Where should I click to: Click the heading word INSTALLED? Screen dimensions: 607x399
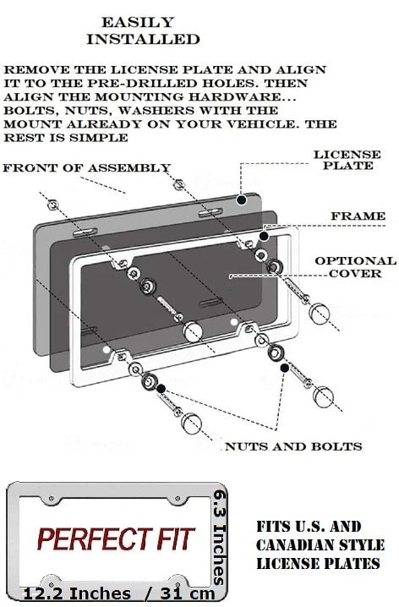pyautogui.click(x=143, y=39)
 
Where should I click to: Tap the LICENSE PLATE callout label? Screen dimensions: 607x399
pyautogui.click(x=343, y=160)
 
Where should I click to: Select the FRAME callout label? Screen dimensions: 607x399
pyautogui.click(x=358, y=216)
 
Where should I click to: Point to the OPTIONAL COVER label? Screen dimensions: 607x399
pyautogui.click(x=355, y=267)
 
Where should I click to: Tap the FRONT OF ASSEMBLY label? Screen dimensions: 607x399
pyautogui.click(x=86, y=168)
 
